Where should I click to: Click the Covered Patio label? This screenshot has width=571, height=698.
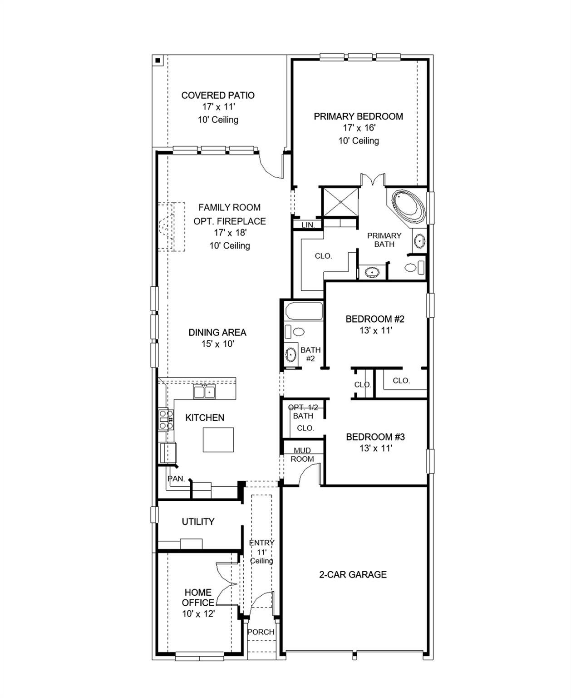point(218,95)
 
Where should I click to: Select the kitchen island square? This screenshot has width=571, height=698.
point(218,439)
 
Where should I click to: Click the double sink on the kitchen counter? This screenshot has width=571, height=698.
point(204,392)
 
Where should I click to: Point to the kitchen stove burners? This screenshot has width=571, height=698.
point(166,419)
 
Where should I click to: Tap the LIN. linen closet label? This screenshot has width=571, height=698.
point(308,225)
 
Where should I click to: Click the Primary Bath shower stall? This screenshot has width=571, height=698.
point(340,202)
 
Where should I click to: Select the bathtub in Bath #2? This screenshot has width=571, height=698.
point(304,311)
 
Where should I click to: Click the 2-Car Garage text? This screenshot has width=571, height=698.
point(353,574)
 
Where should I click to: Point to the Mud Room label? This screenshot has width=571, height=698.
point(302,455)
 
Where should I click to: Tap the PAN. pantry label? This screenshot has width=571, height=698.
point(176,479)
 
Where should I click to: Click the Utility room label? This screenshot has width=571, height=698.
point(198,522)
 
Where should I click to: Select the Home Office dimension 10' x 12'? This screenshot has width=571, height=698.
point(198,613)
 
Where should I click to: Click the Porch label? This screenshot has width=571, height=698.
point(261,632)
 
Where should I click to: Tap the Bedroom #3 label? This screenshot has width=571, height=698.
point(375,437)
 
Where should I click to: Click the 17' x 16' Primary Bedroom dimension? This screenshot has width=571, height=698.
point(359,128)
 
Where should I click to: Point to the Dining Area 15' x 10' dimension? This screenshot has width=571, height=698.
point(218,344)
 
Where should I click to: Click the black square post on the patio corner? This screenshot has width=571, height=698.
point(158,60)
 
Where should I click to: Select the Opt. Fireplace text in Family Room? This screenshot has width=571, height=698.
point(230,221)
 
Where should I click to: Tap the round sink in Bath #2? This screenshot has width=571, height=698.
point(291,354)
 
